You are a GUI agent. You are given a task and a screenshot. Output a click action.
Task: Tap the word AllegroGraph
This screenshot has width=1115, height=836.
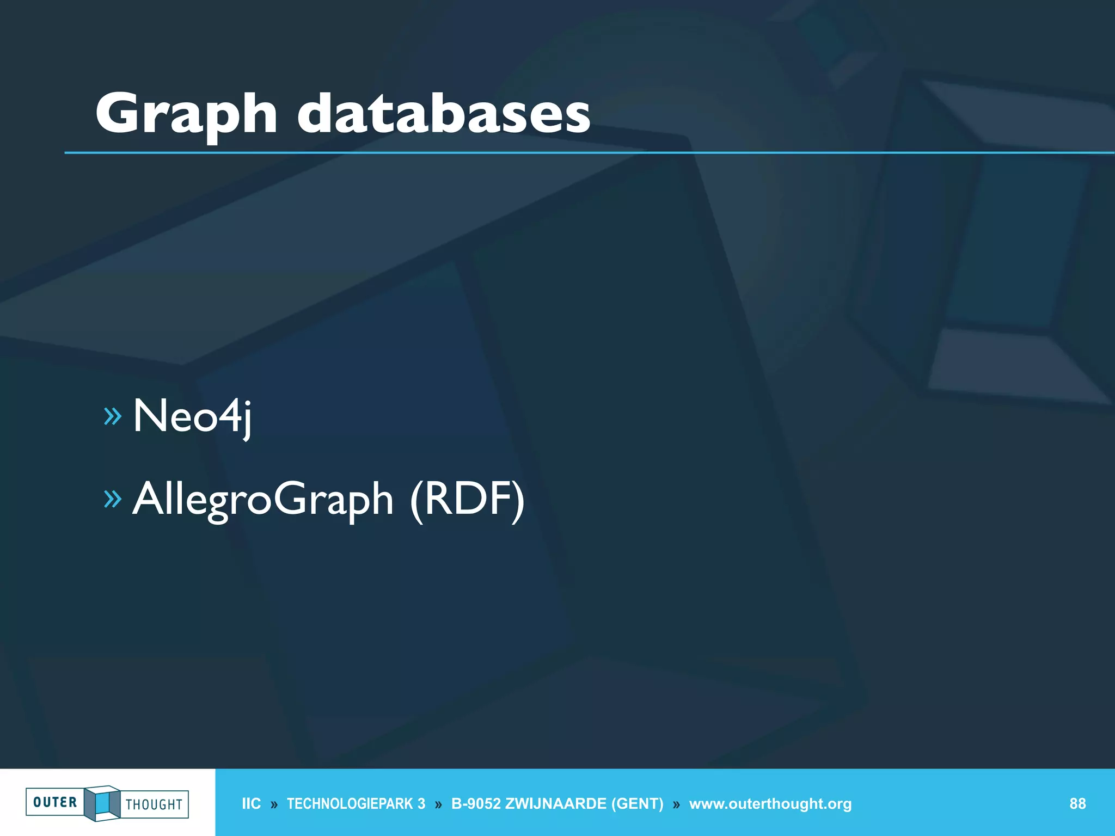coord(263,500)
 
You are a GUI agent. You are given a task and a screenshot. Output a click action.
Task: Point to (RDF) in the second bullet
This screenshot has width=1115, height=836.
coord(467,500)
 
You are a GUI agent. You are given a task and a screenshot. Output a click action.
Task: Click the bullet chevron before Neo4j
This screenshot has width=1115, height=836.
coord(112,416)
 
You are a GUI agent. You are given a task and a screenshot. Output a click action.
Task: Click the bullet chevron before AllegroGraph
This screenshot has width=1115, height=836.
coord(112,499)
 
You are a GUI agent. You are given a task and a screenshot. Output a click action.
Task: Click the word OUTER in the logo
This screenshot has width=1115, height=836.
coord(55,802)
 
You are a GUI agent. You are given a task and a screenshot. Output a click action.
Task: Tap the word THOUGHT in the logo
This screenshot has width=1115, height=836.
coord(154,804)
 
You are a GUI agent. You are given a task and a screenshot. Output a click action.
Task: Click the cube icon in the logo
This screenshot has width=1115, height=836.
coord(102,803)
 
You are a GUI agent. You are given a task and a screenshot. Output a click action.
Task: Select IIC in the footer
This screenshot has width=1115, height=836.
coord(251,804)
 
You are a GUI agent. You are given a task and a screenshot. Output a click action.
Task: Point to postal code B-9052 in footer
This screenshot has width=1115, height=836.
coord(476,804)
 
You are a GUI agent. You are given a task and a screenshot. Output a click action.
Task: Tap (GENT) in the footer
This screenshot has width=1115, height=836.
coord(637,804)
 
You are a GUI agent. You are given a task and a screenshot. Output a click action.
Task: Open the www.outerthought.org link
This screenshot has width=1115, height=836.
coord(770,804)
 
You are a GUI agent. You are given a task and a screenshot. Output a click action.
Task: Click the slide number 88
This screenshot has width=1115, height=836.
coord(1077,804)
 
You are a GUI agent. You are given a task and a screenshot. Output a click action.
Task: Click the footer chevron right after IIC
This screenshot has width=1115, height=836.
coord(274,805)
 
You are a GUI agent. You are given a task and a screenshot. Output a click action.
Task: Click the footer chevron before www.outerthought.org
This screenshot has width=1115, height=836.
coord(676,805)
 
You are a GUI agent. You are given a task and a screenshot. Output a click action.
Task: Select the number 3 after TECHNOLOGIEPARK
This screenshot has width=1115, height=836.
coord(421,804)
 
